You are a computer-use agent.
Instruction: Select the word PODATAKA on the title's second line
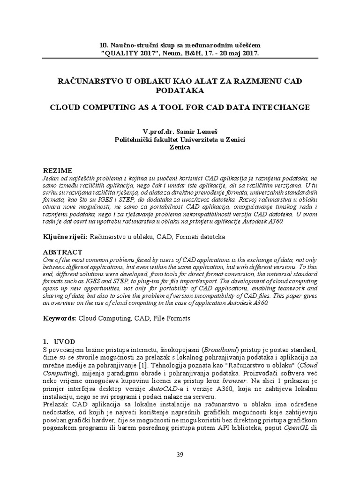[180, 91]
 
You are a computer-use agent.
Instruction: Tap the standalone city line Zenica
[180, 147]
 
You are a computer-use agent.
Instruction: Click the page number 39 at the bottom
[180, 454]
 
